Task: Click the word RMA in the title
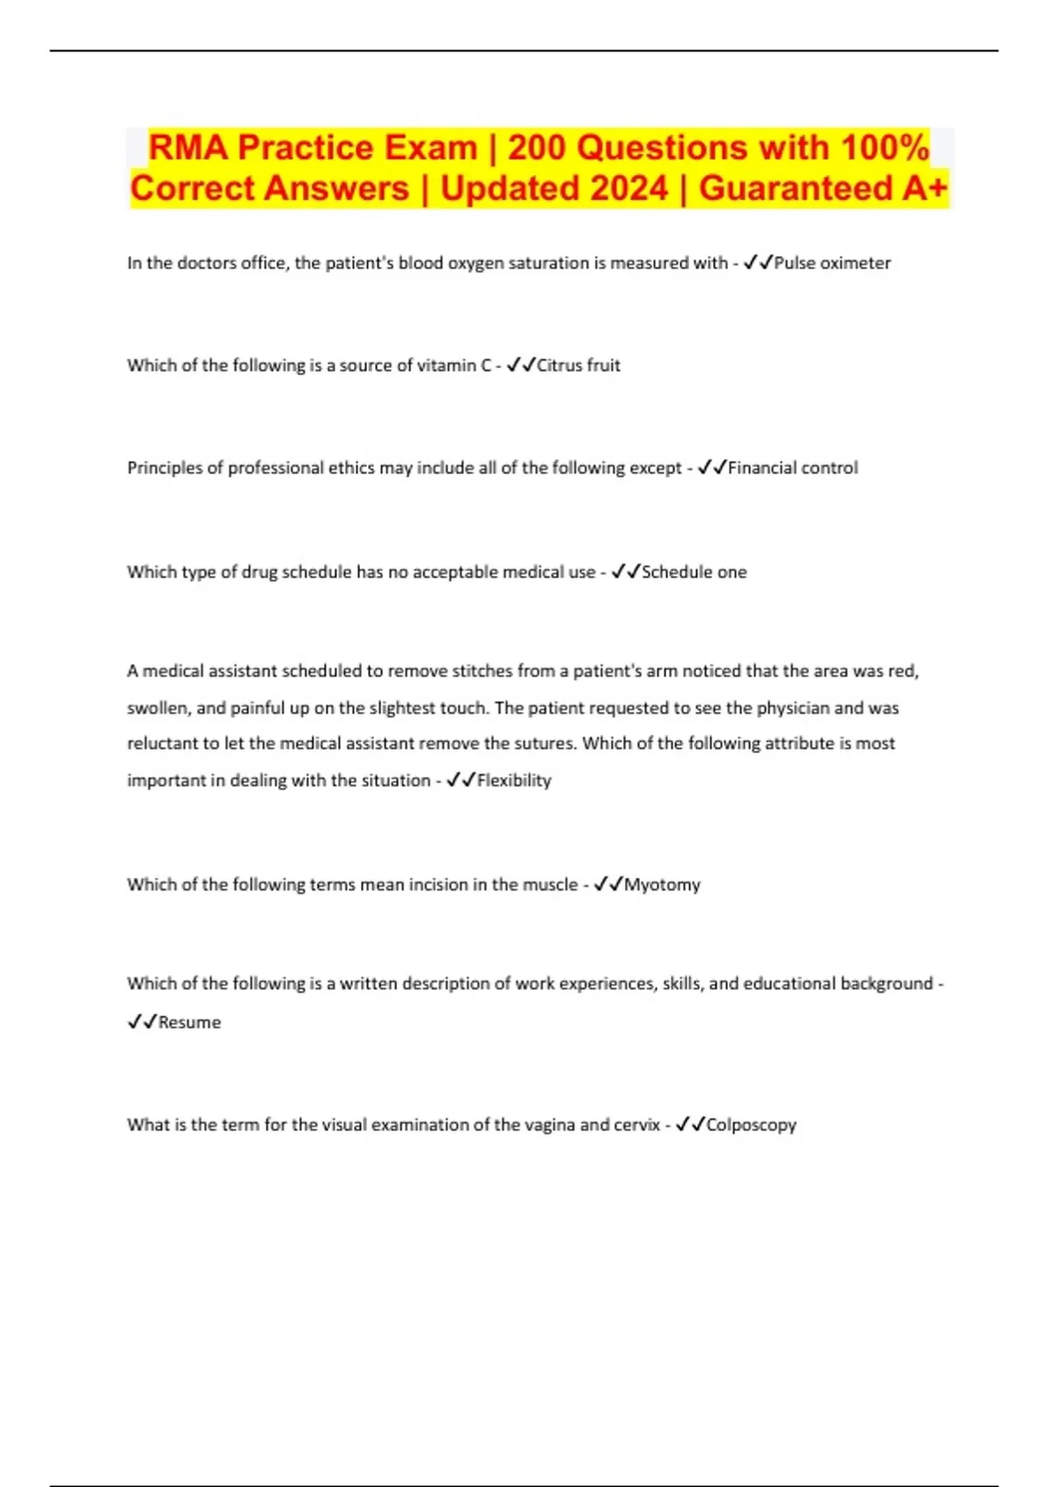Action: click(188, 148)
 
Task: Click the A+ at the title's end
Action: click(925, 188)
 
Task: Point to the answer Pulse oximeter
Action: click(832, 263)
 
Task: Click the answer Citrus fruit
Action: click(578, 366)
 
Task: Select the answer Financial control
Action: click(793, 468)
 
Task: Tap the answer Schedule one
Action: click(694, 572)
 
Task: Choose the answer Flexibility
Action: click(514, 780)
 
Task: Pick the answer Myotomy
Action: click(662, 884)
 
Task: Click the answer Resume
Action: click(190, 1023)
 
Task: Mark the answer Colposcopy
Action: click(751, 1125)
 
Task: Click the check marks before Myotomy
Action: click(608, 884)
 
